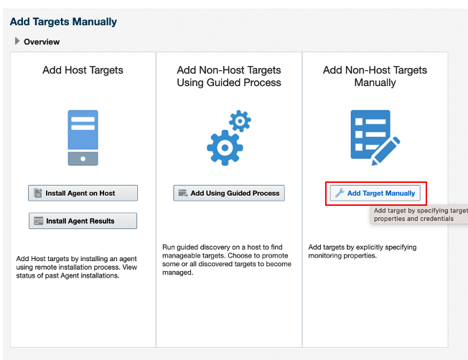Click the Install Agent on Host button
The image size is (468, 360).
click(83, 193)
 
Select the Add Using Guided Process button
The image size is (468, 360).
click(229, 193)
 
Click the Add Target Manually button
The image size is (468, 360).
click(375, 193)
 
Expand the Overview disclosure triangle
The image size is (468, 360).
click(17, 41)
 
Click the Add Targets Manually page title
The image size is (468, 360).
click(63, 22)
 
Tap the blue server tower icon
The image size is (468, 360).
click(83, 138)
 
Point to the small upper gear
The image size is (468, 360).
click(240, 120)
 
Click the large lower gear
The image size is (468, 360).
click(225, 147)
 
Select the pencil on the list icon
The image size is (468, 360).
click(386, 151)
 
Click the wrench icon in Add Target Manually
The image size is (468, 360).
click(340, 194)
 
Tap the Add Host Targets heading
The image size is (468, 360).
click(83, 70)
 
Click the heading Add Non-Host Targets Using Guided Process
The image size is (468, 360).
click(229, 76)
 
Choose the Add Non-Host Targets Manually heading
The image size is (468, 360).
click(375, 76)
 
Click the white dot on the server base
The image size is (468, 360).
click(83, 158)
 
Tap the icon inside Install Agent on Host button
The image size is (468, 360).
click(38, 194)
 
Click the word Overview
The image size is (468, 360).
click(42, 42)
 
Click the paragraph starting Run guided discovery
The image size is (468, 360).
click(227, 260)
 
